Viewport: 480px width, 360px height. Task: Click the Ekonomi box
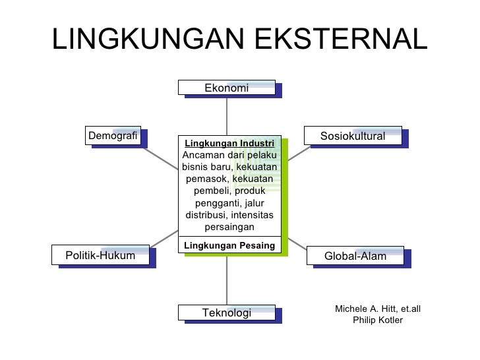[226, 88]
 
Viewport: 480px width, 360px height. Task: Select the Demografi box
[113, 136]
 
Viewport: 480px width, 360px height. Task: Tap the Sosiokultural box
[353, 136]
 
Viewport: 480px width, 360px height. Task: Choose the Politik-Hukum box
[100, 255]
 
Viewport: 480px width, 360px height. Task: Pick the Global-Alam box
[355, 256]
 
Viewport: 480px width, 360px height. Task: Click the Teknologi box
[226, 313]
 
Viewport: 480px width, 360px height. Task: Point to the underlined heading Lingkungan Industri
[229, 143]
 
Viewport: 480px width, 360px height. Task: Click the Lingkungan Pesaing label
[229, 245]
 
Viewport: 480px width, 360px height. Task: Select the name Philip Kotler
[378, 320]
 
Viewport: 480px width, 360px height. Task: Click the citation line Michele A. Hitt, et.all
[378, 309]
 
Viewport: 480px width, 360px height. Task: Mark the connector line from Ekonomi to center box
[227, 115]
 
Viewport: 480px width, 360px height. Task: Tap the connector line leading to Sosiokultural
[298, 153]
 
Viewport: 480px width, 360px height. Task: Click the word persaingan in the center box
[229, 227]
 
